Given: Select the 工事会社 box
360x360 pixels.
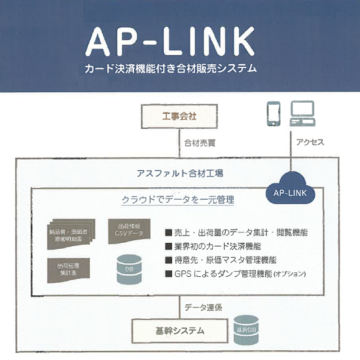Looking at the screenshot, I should (179, 117).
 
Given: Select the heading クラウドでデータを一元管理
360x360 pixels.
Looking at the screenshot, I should (178, 199).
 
